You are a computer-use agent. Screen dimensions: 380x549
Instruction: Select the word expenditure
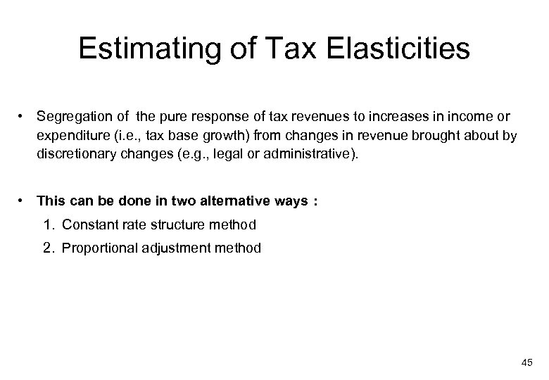click(x=72, y=135)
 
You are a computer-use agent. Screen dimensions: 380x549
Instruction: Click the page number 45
click(x=527, y=362)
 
